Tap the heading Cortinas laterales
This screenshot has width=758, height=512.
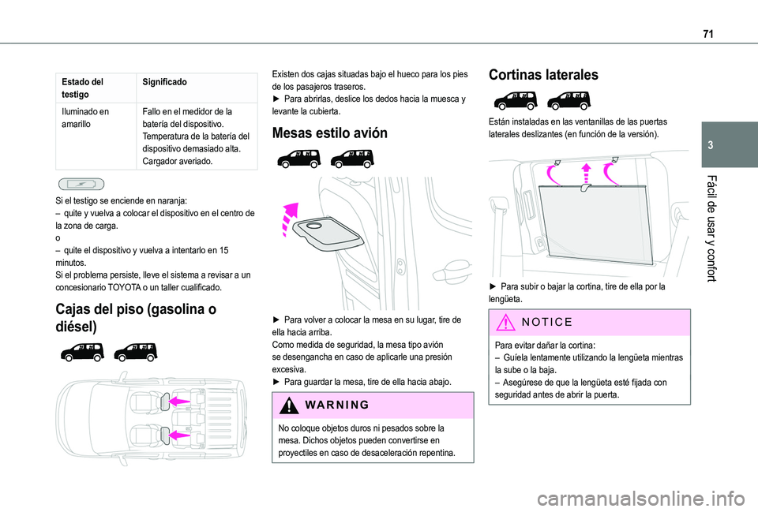(543, 75)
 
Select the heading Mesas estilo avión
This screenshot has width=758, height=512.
(329, 133)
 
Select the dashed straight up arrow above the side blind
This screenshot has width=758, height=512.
(585, 176)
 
